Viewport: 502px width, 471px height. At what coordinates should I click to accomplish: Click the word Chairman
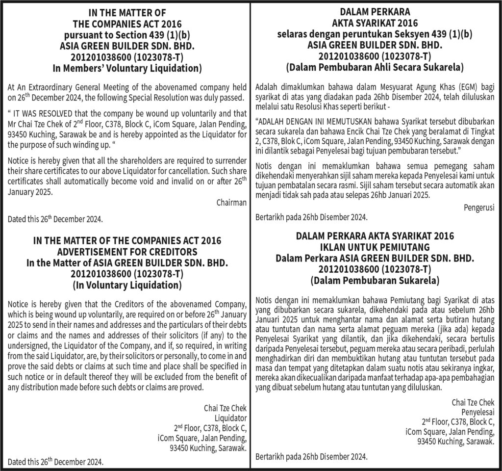(231, 202)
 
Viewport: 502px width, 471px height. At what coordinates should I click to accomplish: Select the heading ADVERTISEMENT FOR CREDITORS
(127, 252)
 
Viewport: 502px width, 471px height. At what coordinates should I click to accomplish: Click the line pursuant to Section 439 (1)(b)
(127, 35)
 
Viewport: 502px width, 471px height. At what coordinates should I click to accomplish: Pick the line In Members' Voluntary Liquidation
(127, 68)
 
